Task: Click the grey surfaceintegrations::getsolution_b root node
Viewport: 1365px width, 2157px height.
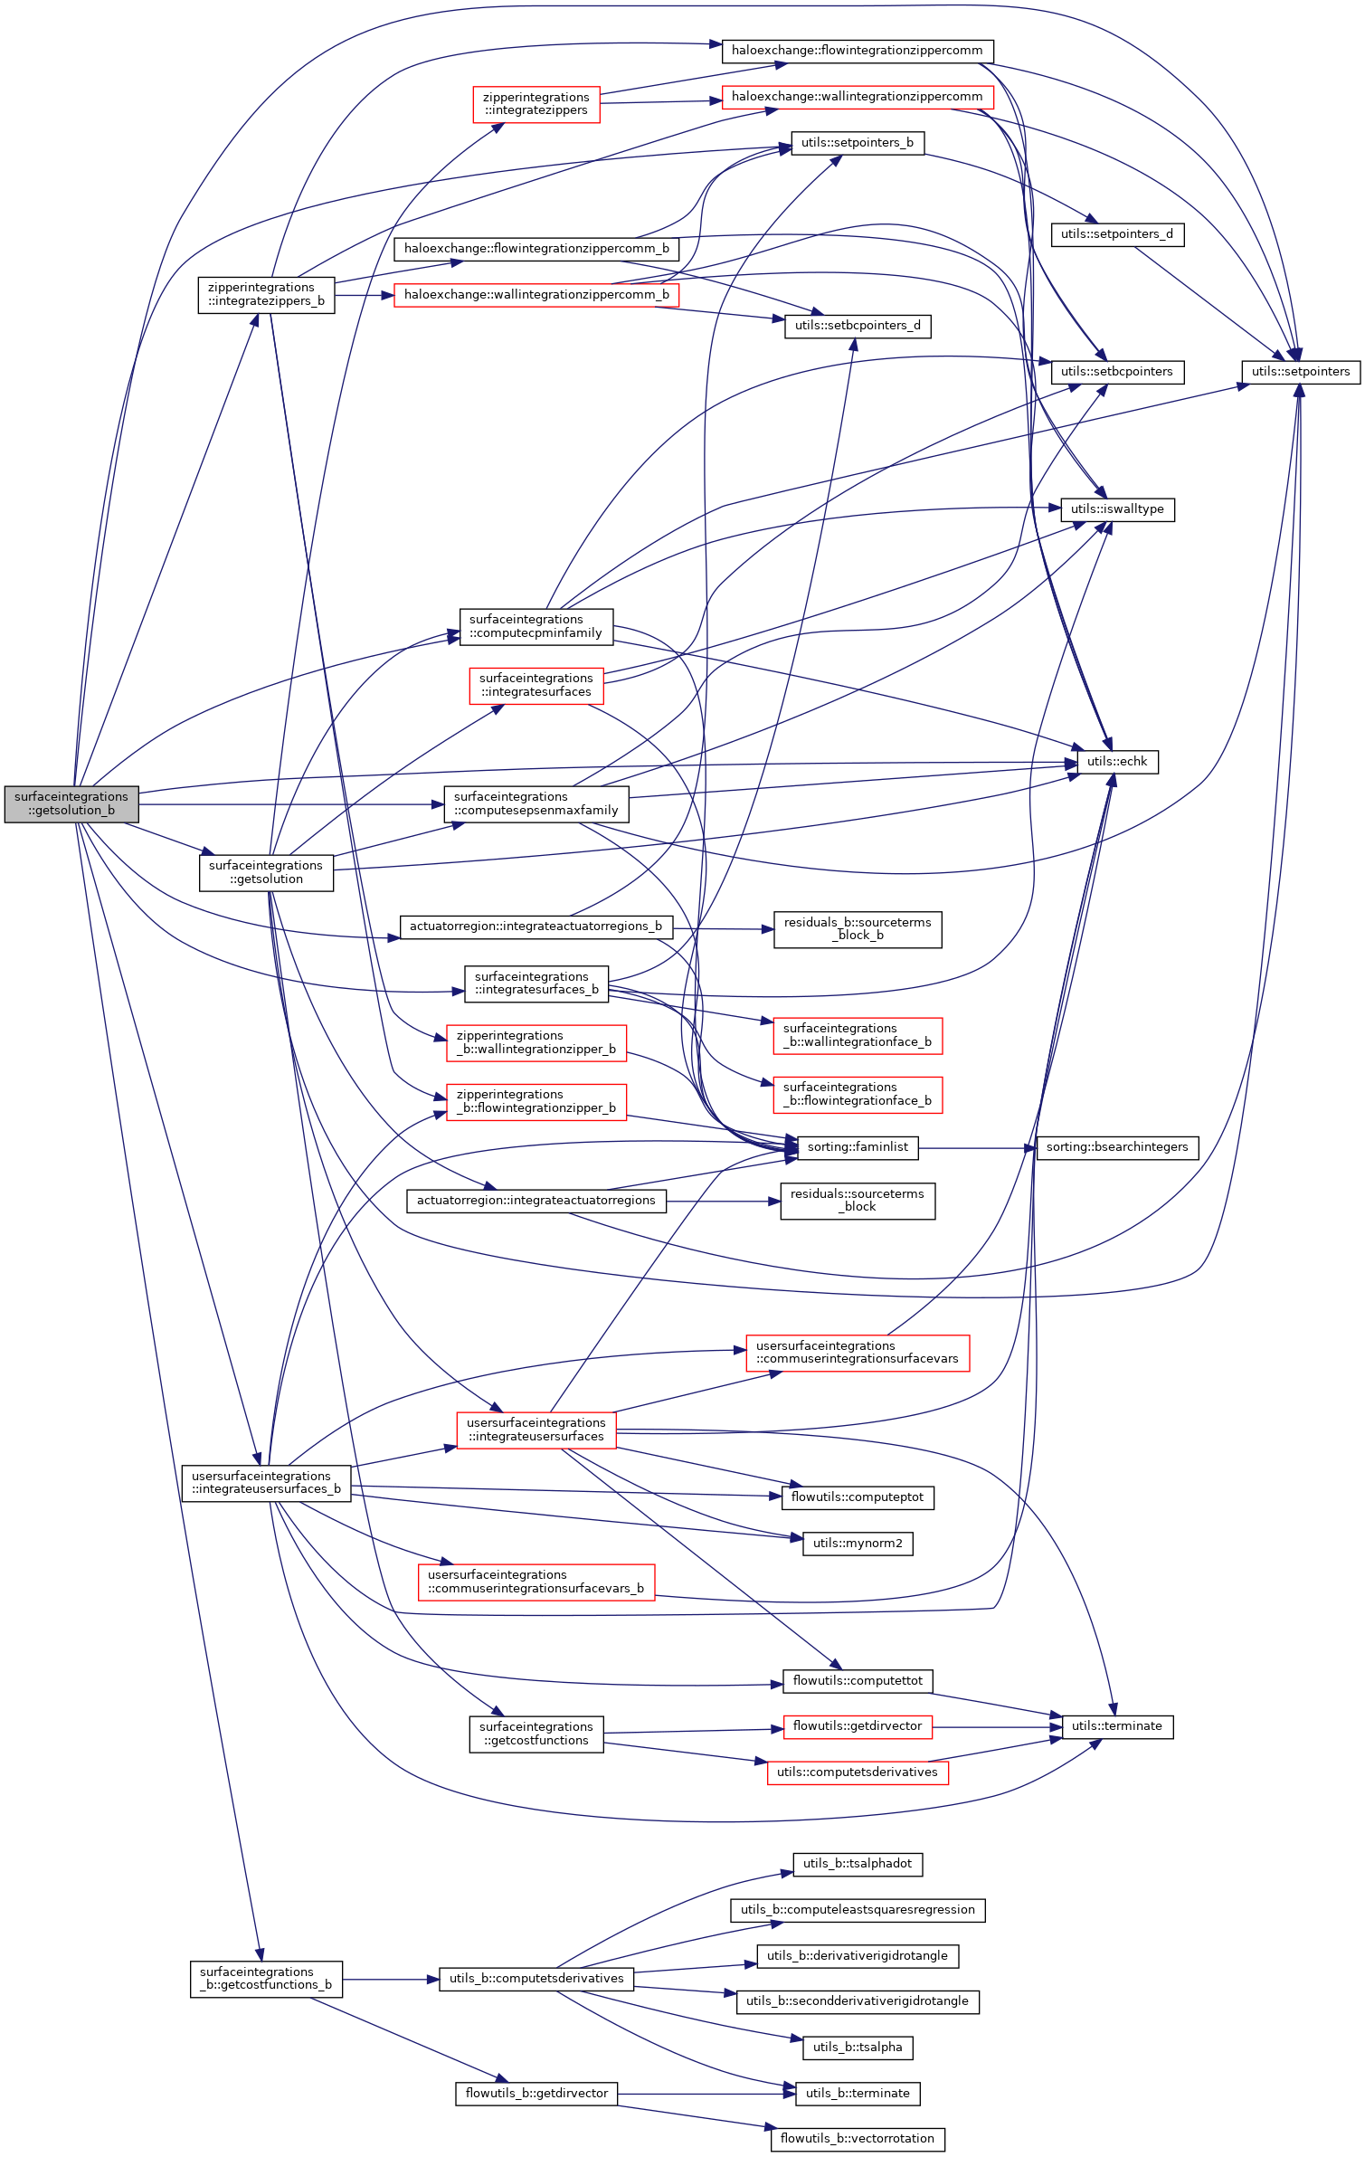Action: (x=71, y=803)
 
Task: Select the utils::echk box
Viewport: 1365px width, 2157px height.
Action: (x=1116, y=762)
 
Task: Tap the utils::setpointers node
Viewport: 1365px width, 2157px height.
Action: (x=1300, y=372)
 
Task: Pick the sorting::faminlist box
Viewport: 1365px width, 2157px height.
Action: (x=857, y=1147)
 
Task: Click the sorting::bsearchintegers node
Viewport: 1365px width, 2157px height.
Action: (x=1116, y=1147)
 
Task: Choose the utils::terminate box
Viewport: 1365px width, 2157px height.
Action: (x=1116, y=1726)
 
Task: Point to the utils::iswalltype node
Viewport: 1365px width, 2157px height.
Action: (x=1116, y=509)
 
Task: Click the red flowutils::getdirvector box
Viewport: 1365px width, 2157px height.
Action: (x=857, y=1726)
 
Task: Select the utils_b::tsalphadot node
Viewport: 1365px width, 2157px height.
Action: (x=857, y=1864)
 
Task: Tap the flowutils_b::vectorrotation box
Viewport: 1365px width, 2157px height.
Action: (x=857, y=2139)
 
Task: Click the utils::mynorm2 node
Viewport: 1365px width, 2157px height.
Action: (x=857, y=1544)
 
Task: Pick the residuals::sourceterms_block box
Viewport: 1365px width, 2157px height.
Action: (x=857, y=1201)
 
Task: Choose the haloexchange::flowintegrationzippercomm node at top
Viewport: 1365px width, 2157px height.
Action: (x=857, y=51)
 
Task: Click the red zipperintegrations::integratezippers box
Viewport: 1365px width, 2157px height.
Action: (x=536, y=104)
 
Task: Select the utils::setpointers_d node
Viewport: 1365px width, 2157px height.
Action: (x=1116, y=234)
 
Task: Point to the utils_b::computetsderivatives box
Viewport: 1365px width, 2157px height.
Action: (x=536, y=1979)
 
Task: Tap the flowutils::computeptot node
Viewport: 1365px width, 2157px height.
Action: (x=857, y=1497)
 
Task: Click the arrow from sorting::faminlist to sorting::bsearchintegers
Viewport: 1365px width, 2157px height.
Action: (x=977, y=1148)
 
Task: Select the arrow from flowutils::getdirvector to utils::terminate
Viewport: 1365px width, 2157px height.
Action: (x=995, y=1727)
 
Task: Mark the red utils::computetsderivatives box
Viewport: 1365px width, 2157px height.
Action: (x=857, y=1772)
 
